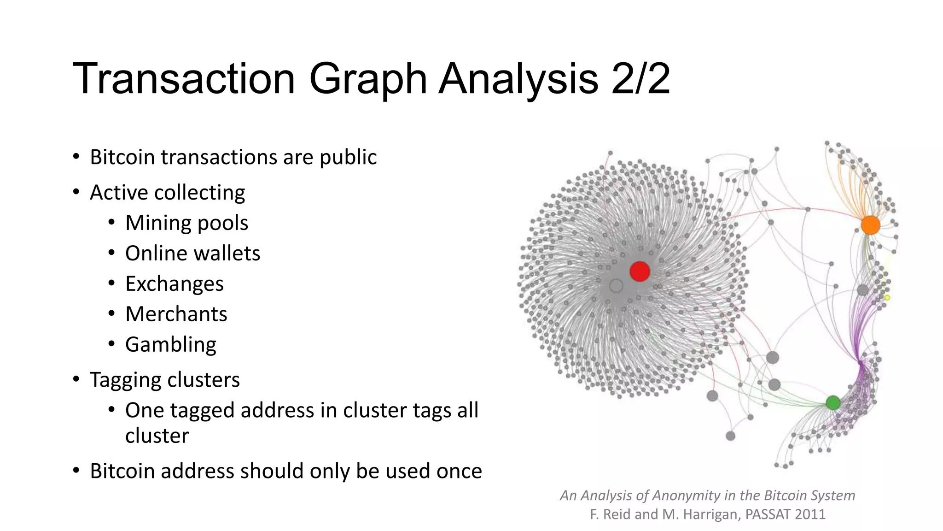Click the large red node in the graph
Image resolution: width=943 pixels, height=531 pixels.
pyautogui.click(x=640, y=271)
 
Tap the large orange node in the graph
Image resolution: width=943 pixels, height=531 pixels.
pyautogui.click(x=870, y=225)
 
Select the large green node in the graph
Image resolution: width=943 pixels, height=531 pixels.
pyautogui.click(x=832, y=403)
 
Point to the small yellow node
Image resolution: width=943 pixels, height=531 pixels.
pyautogui.click(x=887, y=298)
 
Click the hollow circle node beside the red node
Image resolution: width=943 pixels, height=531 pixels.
pyautogui.click(x=616, y=286)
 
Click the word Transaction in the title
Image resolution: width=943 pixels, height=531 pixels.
pyautogui.click(x=183, y=79)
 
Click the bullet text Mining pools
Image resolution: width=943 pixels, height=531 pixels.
pyautogui.click(x=186, y=223)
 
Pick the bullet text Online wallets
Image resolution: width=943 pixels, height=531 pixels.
pyautogui.click(x=192, y=254)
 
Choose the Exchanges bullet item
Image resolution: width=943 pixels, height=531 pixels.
pyautogui.click(x=174, y=284)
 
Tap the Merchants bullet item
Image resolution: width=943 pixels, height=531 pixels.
pyautogui.click(x=176, y=314)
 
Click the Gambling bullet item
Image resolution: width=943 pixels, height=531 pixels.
pyautogui.click(x=170, y=345)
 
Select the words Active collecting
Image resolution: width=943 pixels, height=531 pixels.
pyautogui.click(x=167, y=193)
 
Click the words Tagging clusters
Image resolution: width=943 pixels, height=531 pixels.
pyautogui.click(x=164, y=380)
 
